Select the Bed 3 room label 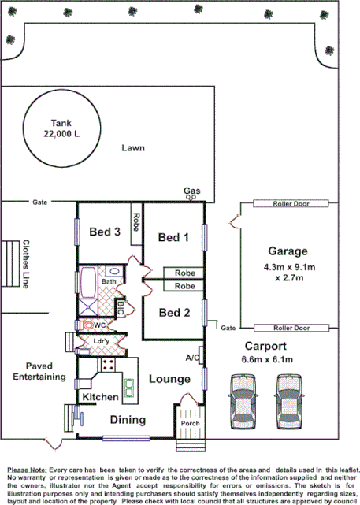[x=104, y=232]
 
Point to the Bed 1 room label [x=173, y=237]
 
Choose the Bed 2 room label [x=174, y=312]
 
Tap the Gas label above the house [x=191, y=191]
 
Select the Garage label [x=287, y=251]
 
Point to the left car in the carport [x=242, y=400]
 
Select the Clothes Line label [x=26, y=264]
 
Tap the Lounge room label [x=170, y=379]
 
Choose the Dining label [x=127, y=419]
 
